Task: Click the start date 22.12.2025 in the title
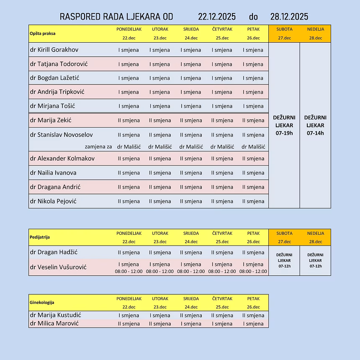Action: (x=217, y=17)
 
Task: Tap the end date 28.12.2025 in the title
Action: (x=289, y=17)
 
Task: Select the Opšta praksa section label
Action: (x=43, y=33)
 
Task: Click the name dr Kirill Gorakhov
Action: (x=54, y=50)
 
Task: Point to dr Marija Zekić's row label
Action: (x=51, y=121)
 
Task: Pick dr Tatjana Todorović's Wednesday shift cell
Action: (x=191, y=64)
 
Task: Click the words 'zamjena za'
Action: (x=98, y=147)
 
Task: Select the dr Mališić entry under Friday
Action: (x=253, y=147)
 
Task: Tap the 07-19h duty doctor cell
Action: (x=284, y=125)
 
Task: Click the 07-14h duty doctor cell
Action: (x=315, y=125)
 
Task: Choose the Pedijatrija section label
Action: (x=40, y=237)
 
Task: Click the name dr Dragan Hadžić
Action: (x=54, y=252)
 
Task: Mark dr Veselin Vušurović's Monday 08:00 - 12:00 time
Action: (x=129, y=271)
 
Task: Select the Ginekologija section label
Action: (x=42, y=302)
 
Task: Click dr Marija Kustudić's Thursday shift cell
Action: (x=222, y=316)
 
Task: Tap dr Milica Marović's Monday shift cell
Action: (x=129, y=324)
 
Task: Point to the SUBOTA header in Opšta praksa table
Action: (x=284, y=29)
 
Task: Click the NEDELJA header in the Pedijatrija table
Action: (x=315, y=233)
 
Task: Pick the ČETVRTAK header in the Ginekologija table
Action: (x=222, y=298)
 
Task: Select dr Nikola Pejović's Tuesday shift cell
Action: (x=160, y=201)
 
